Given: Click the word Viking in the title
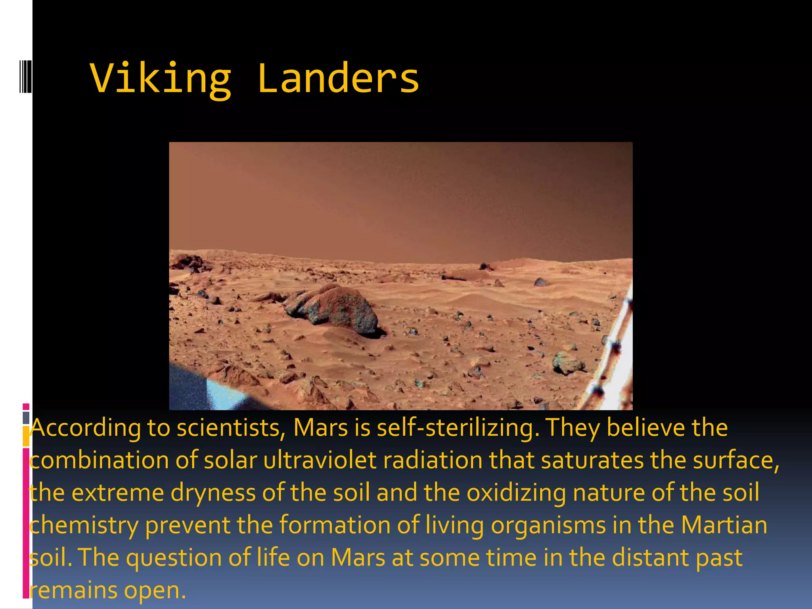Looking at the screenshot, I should (x=161, y=79).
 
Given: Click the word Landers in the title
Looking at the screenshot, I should (x=338, y=79).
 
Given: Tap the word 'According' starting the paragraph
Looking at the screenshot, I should (x=86, y=428).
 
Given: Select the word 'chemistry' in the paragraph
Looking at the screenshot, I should (x=84, y=526).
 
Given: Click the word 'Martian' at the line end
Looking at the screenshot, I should (x=724, y=526).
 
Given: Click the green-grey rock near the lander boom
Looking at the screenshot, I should (x=568, y=363).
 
